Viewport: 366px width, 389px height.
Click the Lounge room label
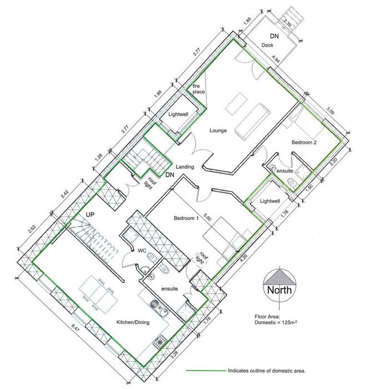point(218,130)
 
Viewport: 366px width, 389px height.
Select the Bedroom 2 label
point(304,142)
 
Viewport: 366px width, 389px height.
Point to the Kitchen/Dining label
point(133,322)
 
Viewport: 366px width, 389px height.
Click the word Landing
point(185,167)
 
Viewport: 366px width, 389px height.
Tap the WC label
point(142,251)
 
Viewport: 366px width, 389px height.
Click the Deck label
point(268,45)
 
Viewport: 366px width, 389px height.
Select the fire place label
point(199,89)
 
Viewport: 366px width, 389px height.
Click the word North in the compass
point(279,290)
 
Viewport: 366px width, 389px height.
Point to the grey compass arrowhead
point(279,277)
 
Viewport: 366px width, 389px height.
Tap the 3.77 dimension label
point(197,53)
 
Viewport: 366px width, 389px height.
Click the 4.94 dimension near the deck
point(276,60)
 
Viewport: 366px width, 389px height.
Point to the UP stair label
point(90,215)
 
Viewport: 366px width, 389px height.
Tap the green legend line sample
point(206,371)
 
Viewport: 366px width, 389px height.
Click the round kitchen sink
point(154,304)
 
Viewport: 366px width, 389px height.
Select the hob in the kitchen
point(159,342)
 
